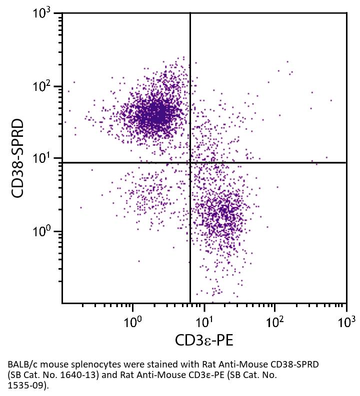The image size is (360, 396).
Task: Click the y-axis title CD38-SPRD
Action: [18, 158]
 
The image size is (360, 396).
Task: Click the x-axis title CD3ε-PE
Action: [204, 340]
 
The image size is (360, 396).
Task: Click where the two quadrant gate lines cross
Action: [190, 162]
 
